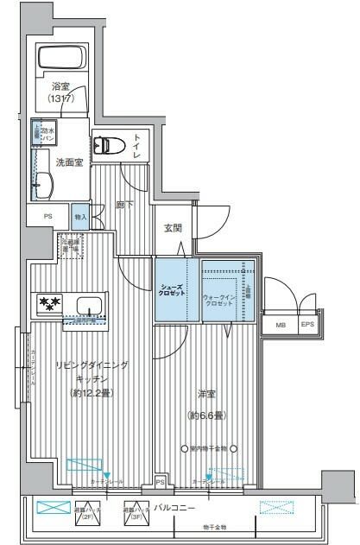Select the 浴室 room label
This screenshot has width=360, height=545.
point(60,92)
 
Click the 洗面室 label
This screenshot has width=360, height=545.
point(69,162)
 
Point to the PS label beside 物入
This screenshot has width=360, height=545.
point(47,217)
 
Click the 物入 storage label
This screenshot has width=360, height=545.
point(80,217)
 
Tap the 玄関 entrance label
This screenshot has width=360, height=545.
point(172,229)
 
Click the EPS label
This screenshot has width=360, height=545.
point(306,325)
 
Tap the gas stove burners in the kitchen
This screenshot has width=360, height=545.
point(47,304)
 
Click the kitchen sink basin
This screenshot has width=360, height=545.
point(90,305)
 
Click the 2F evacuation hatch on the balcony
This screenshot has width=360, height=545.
point(88,510)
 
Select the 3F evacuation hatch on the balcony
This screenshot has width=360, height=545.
point(138,510)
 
